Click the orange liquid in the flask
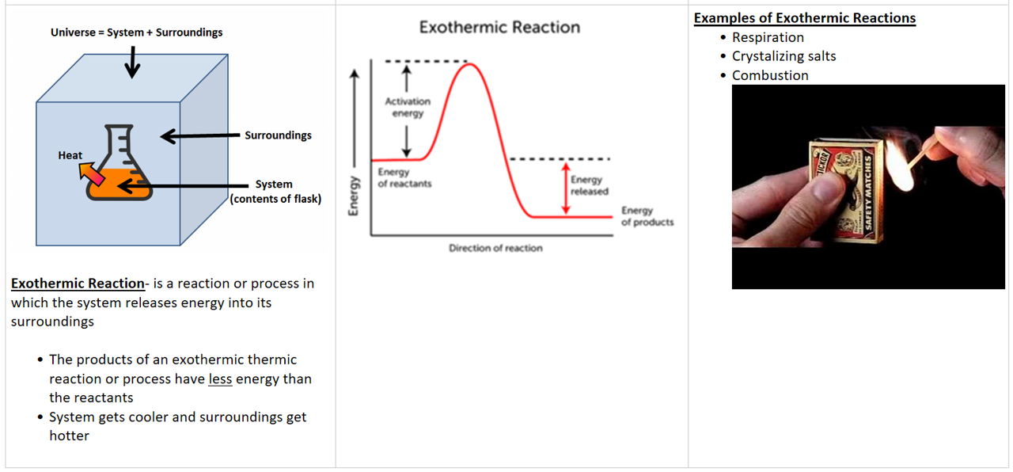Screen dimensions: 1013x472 (119, 185)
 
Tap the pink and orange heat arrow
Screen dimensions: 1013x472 (91, 174)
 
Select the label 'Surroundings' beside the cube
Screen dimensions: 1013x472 (278, 135)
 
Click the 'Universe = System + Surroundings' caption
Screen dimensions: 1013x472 (137, 32)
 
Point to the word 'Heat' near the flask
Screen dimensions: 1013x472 (70, 155)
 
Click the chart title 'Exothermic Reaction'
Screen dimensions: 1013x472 (499, 27)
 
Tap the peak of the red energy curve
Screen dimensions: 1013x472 (470, 65)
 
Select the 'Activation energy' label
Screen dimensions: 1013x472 (408, 107)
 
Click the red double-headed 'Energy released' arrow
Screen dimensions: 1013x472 (566, 188)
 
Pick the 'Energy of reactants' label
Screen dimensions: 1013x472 (404, 178)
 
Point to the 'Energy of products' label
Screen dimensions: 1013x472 (647, 216)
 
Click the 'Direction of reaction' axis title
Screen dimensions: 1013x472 (495, 248)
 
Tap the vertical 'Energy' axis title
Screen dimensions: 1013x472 (354, 196)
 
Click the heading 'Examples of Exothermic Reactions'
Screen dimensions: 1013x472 (805, 18)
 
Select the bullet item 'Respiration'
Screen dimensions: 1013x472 (768, 37)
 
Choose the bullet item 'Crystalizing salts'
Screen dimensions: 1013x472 (784, 56)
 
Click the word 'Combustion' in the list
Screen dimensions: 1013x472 (770, 75)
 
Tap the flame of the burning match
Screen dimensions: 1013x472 (899, 166)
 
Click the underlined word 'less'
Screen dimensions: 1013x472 (220, 379)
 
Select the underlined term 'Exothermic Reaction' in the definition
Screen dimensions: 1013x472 (78, 284)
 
